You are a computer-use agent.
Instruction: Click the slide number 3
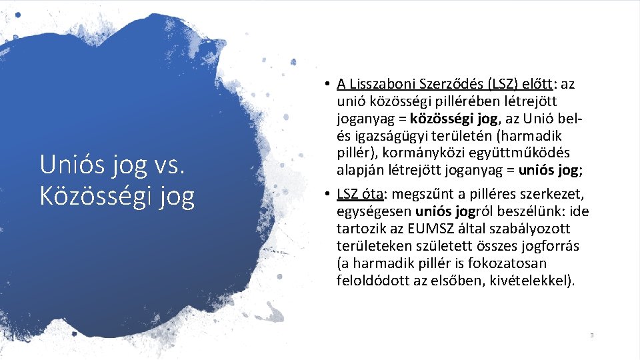(591, 335)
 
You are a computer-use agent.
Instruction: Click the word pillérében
(453, 101)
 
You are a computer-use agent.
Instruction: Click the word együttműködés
(529, 153)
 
